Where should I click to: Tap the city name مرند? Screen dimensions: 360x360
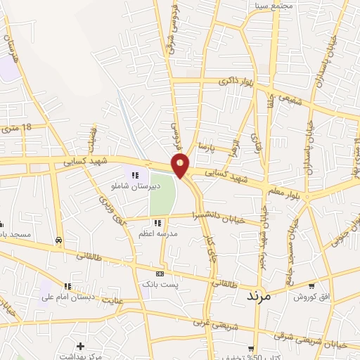point(263,296)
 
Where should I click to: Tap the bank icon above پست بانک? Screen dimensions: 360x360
point(160,274)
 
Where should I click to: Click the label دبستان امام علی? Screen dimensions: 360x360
point(67,297)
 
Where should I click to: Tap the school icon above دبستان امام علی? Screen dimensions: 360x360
point(67,286)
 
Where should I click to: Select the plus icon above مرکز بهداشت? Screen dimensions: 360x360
point(81,346)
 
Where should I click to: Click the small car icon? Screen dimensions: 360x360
point(58,240)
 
